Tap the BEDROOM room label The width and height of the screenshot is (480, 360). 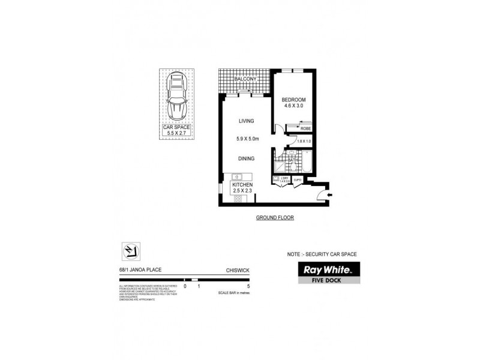[294, 99]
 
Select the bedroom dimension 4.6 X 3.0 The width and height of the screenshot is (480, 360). [294, 106]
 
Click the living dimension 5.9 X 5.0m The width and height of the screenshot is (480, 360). [247, 139]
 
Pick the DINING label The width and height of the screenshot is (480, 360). [247, 158]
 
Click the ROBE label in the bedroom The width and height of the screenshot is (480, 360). [305, 128]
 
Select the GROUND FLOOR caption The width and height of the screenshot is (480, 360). [274, 217]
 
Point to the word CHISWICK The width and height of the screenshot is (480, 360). [238, 271]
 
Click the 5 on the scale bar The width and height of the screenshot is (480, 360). [256, 287]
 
